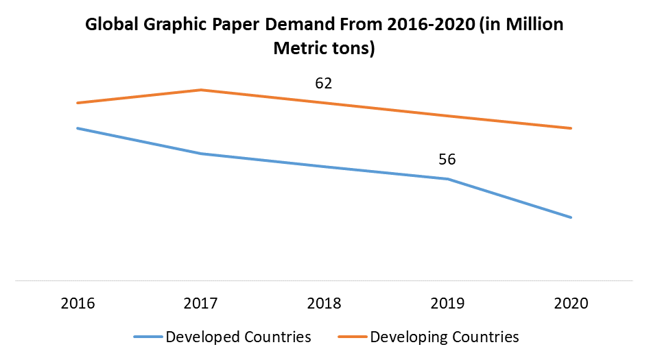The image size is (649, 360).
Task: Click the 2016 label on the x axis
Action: [77, 303]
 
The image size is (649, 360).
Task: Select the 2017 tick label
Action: [200, 303]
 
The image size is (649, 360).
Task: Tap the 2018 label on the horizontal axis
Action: [324, 303]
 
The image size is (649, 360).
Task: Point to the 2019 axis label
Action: [447, 303]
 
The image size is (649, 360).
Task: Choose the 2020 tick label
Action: [571, 303]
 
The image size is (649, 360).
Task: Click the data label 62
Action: [324, 84]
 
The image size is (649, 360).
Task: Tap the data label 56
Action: [447, 160]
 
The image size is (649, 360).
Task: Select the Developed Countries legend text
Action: [238, 337]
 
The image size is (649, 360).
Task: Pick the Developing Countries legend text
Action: [445, 337]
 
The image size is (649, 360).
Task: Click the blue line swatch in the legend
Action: [147, 337]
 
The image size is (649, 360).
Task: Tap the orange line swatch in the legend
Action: [353, 337]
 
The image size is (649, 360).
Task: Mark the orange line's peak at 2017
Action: [201, 90]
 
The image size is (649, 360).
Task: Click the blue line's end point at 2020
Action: [571, 217]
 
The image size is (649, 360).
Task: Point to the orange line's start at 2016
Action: [77, 103]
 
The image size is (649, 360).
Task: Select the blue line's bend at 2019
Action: [448, 179]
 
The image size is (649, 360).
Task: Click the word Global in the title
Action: [110, 26]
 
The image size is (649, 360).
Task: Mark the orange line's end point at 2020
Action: [571, 128]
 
